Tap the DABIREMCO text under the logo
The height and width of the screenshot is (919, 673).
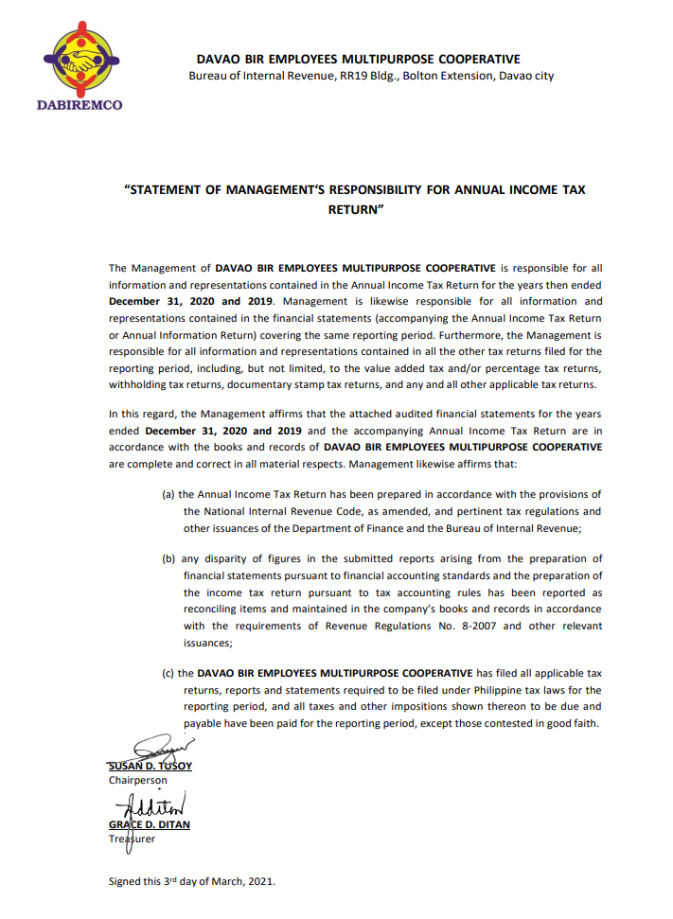click(80, 105)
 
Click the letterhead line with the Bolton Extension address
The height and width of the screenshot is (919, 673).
click(371, 76)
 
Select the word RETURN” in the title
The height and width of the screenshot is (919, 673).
click(355, 207)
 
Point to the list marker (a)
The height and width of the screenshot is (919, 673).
click(169, 494)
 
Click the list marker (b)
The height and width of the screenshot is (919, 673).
click(169, 558)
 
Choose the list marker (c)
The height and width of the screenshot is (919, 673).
click(169, 673)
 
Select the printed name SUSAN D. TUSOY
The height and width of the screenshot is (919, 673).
click(151, 766)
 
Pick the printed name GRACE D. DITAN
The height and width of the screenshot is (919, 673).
click(150, 824)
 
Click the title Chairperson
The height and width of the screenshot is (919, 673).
click(138, 780)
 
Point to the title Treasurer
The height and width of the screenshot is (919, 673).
click(133, 839)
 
